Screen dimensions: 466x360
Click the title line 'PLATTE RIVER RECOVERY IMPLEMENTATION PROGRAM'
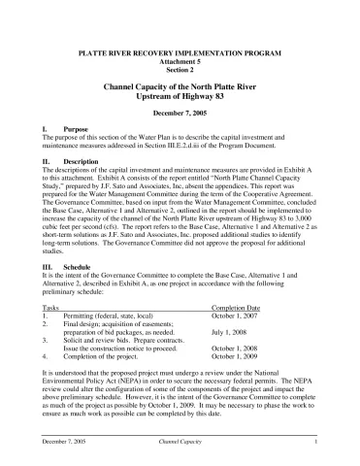coord(180,50)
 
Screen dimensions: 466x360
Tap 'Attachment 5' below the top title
coord(180,58)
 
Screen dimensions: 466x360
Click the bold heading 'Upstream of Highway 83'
coord(180,97)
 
